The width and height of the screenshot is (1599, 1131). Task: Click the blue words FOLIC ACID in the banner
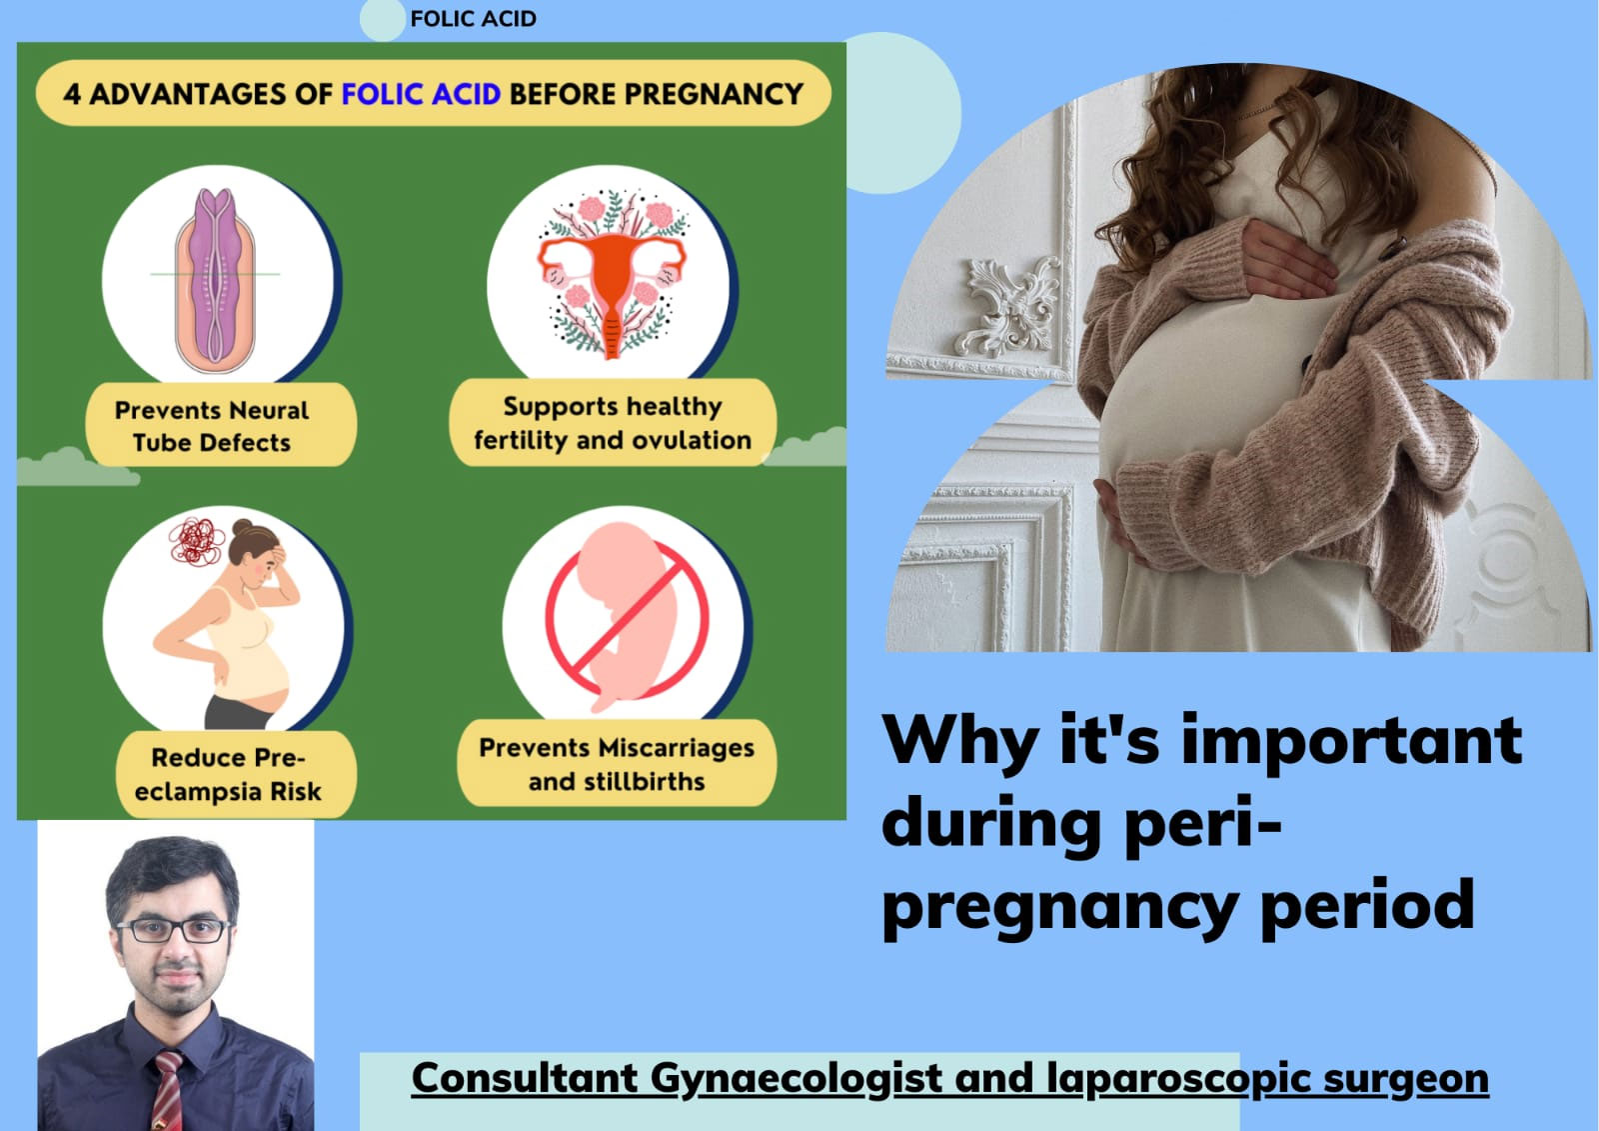pyautogui.click(x=421, y=94)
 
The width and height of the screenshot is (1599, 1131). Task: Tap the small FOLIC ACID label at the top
pyautogui.click(x=474, y=19)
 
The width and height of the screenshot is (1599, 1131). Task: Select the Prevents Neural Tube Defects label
pyautogui.click(x=212, y=427)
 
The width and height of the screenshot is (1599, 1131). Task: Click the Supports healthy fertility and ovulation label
pyautogui.click(x=613, y=423)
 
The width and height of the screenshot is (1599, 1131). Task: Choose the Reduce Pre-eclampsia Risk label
pyautogui.click(x=229, y=774)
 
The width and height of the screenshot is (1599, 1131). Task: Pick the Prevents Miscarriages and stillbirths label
pyautogui.click(x=617, y=764)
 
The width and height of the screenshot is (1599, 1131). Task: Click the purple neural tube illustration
pyautogui.click(x=216, y=281)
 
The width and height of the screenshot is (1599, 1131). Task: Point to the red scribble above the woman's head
pyautogui.click(x=196, y=540)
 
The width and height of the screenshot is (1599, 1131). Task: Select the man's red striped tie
pyautogui.click(x=168, y=1090)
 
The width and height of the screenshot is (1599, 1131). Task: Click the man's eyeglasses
pyautogui.click(x=174, y=931)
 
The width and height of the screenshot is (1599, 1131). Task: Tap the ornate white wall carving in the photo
pyautogui.click(x=1008, y=306)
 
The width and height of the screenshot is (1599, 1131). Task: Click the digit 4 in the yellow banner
pyautogui.click(x=71, y=94)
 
